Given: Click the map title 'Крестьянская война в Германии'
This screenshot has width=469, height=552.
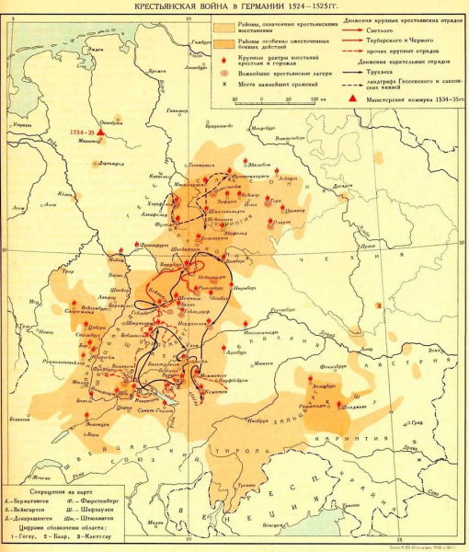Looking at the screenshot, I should point(234,7).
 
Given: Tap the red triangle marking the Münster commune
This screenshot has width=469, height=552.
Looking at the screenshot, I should point(102,135).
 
